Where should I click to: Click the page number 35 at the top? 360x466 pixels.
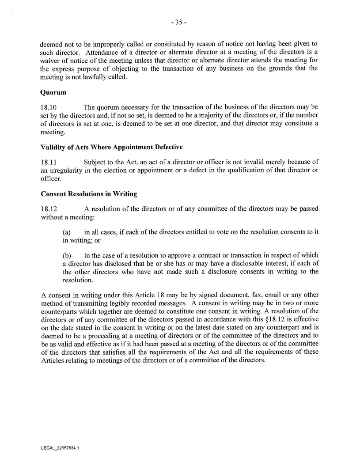(x=180, y=23)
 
